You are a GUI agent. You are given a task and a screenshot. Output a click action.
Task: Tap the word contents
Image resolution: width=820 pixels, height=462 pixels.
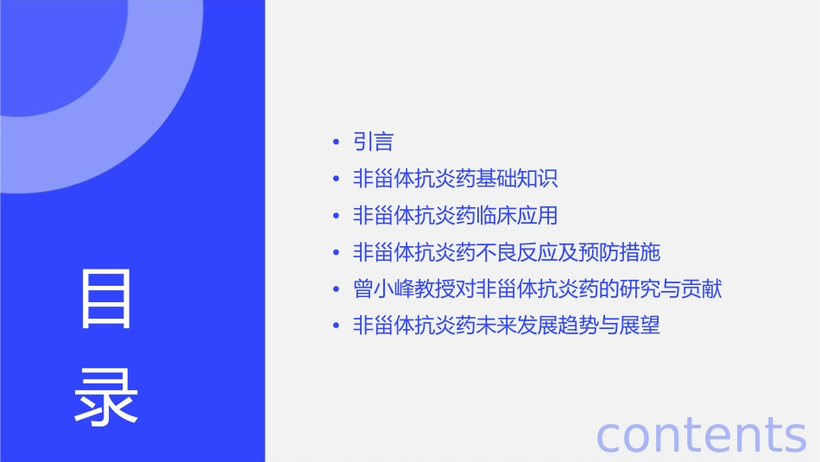[x=701, y=434]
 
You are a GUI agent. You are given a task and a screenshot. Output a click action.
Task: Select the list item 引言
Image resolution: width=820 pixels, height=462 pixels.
[x=374, y=142]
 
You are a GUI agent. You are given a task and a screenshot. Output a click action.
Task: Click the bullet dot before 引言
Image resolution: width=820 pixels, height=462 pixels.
[x=336, y=142]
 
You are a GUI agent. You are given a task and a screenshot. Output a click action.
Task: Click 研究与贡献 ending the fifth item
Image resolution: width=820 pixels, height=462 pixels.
[x=671, y=289]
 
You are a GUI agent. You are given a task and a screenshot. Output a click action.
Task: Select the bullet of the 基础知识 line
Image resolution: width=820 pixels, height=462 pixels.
[x=336, y=180]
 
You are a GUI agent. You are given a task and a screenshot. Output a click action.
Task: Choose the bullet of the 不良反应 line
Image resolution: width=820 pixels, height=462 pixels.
[x=336, y=253]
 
